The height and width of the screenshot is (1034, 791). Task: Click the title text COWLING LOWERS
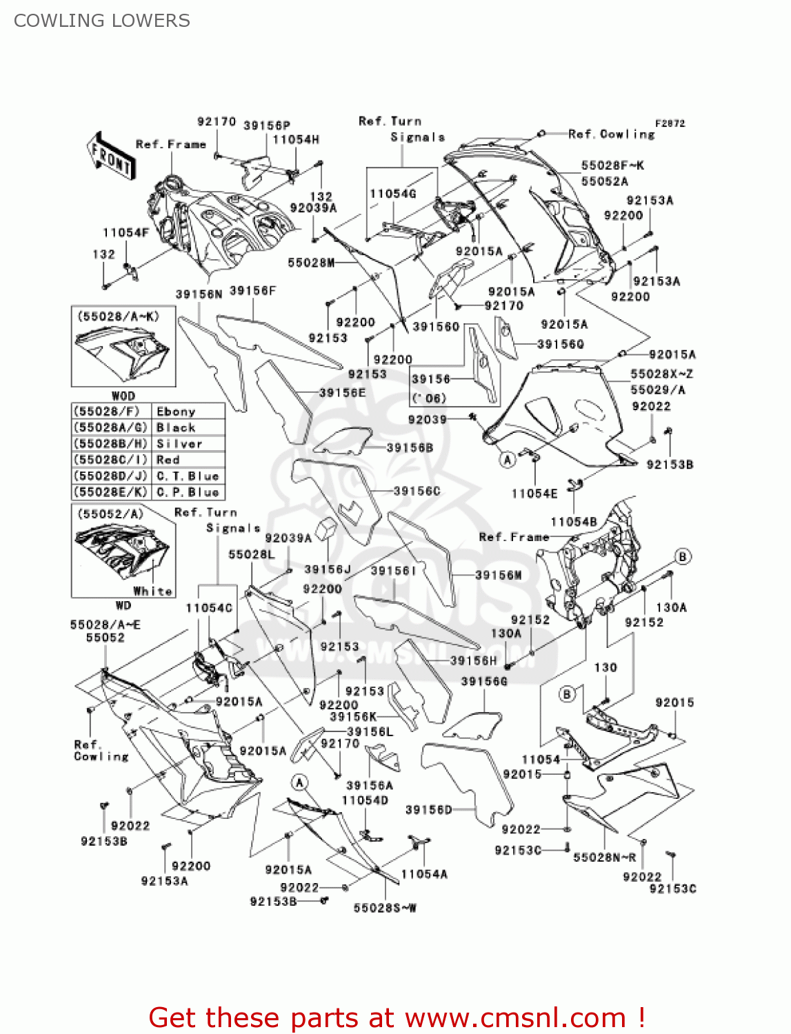point(102,21)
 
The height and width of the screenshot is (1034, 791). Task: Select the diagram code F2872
point(670,123)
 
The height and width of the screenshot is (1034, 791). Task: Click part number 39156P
point(267,125)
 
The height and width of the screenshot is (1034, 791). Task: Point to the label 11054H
point(296,140)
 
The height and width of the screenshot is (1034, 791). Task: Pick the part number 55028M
point(311,263)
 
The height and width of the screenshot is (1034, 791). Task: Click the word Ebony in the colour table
point(177,412)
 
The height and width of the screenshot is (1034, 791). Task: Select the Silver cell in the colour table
point(179,444)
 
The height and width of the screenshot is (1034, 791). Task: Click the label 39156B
point(410,448)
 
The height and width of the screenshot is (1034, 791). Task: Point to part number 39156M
point(498,575)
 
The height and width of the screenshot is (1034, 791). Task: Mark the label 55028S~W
point(385,908)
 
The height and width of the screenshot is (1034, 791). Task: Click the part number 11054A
point(424,874)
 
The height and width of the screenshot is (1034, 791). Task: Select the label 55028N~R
point(605,858)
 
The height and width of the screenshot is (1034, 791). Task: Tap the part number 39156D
point(428,809)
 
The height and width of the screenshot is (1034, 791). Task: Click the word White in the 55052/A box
point(152,591)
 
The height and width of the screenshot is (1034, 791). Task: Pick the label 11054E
point(534,494)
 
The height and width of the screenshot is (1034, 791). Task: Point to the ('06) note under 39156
point(429,398)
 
